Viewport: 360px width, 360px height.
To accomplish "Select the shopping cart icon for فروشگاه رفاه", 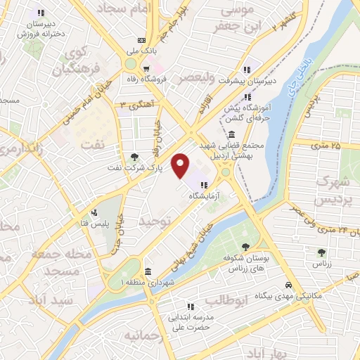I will click(146, 69).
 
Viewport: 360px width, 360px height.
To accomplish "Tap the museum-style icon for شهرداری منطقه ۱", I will click(148, 271).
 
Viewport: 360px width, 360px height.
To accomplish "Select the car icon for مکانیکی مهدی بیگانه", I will click(288, 285).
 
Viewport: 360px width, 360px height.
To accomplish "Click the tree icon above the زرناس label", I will click(321, 252).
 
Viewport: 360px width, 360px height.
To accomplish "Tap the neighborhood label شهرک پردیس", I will click(333, 190).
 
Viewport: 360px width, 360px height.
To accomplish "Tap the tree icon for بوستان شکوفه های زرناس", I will click(245, 246).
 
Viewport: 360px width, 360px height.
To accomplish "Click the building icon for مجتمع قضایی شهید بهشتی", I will click(231, 134).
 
